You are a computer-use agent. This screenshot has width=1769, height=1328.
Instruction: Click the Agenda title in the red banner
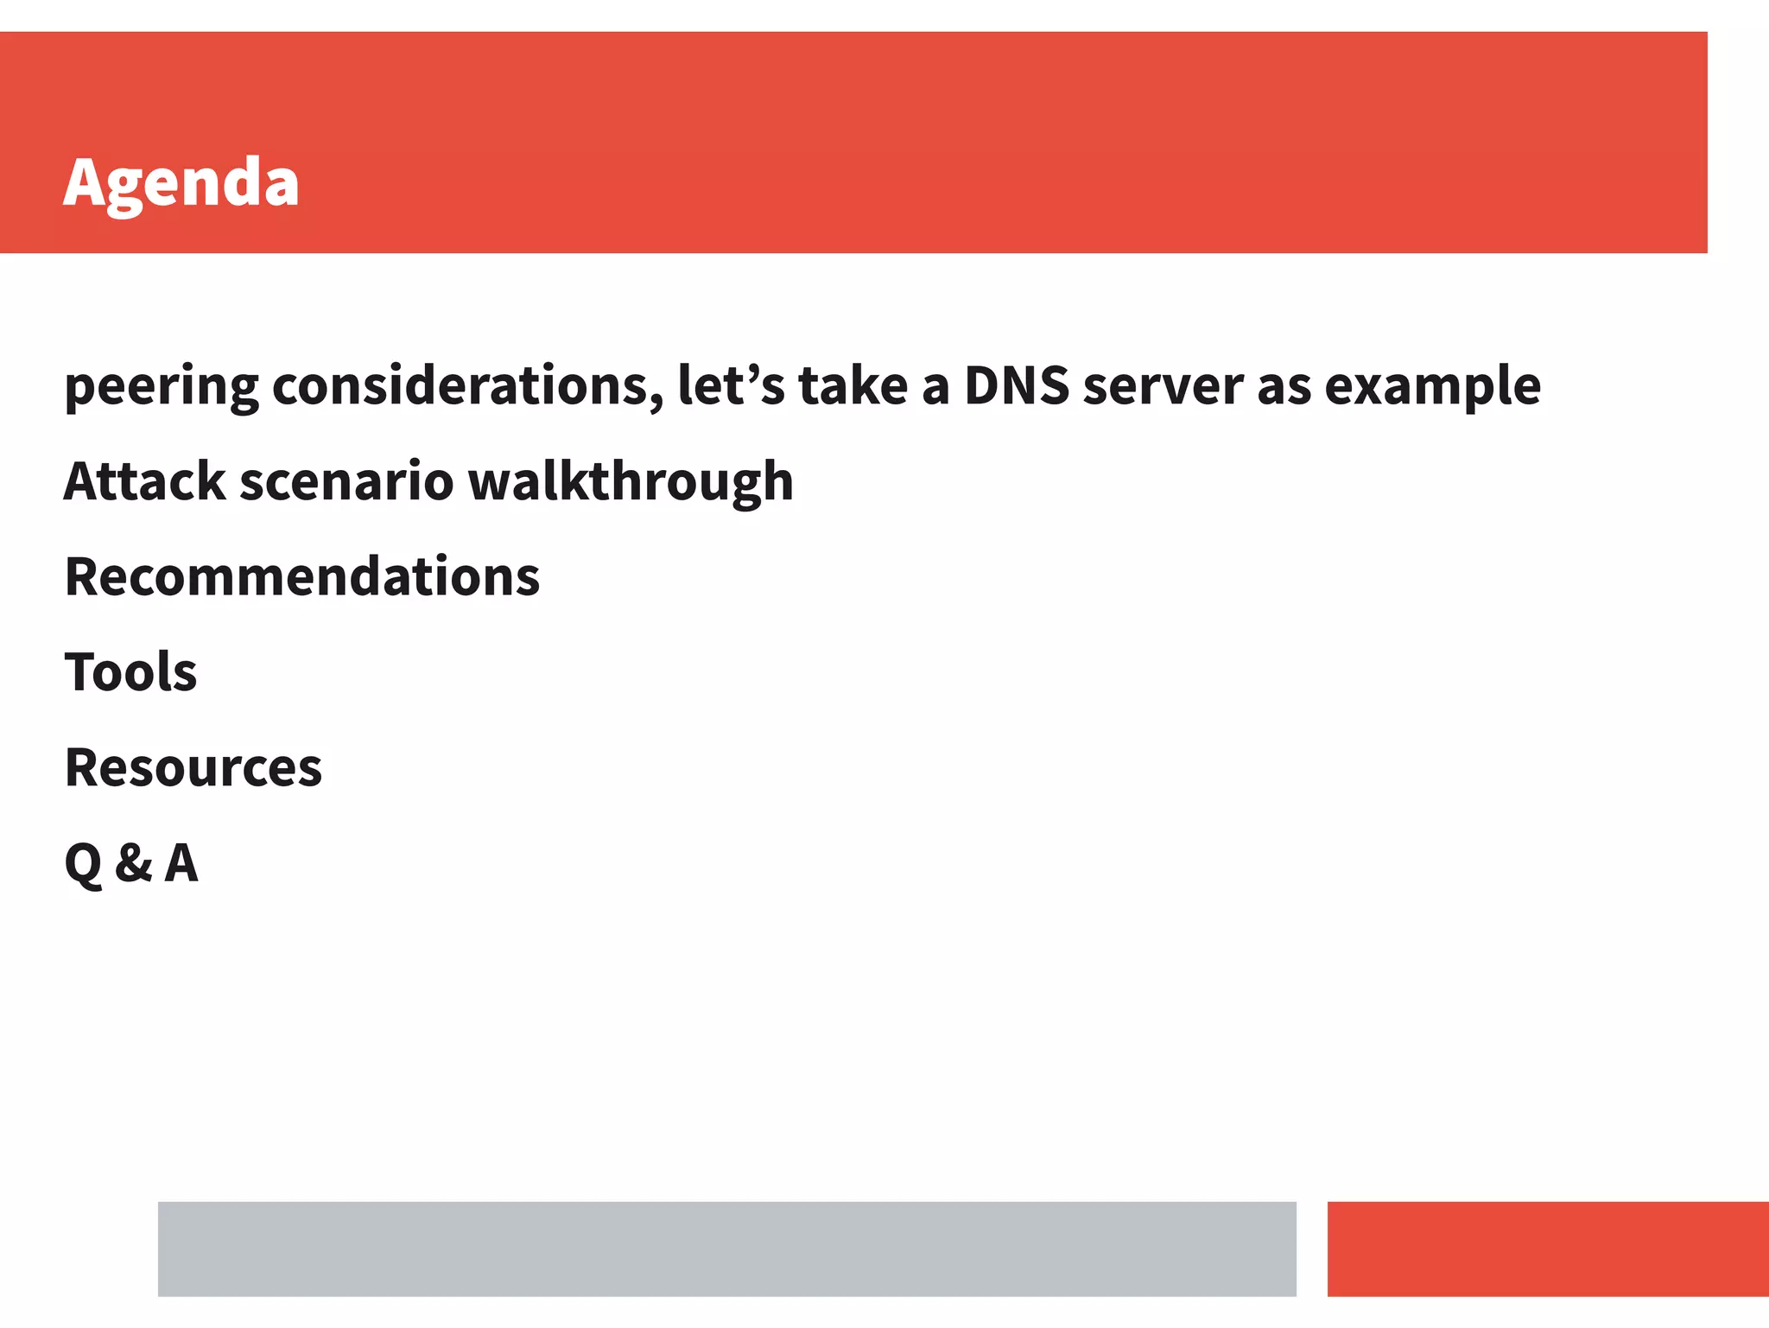click(x=181, y=183)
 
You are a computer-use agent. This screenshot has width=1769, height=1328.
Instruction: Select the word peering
click(x=162, y=386)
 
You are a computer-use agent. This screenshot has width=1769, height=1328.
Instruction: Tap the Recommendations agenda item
click(x=302, y=576)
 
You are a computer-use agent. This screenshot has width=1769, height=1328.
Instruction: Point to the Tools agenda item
click(x=131, y=671)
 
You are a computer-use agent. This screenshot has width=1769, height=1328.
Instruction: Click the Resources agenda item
click(x=193, y=767)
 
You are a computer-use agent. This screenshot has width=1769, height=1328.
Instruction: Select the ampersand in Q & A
click(x=134, y=862)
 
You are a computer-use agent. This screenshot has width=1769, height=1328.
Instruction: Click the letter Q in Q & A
click(x=83, y=862)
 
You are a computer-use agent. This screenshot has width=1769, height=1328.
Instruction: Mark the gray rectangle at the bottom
click(x=726, y=1249)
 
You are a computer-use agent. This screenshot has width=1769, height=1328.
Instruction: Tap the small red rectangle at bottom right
click(x=1547, y=1249)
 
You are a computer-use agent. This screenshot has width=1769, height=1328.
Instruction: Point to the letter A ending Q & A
click(x=181, y=862)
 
